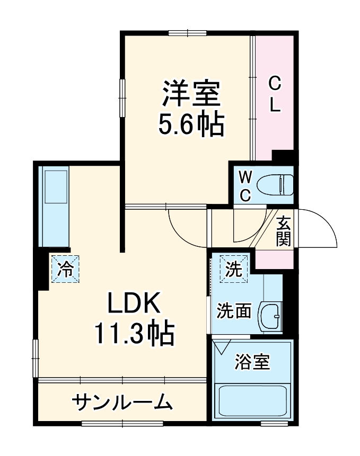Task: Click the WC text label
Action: click(245, 185)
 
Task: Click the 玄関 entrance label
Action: click(284, 231)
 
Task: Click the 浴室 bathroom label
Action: click(252, 363)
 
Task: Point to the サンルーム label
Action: click(123, 403)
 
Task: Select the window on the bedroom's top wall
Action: click(187, 33)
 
